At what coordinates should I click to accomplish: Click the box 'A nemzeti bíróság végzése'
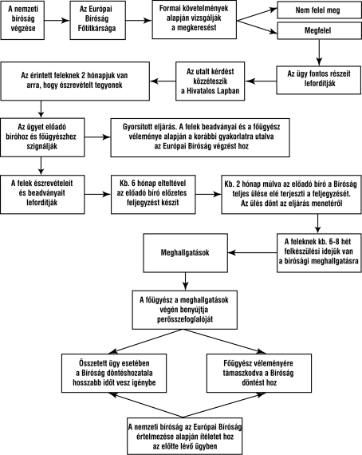(x=22, y=20)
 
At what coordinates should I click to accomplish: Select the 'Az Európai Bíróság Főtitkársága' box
(x=97, y=20)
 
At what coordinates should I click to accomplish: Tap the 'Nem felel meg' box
(x=320, y=10)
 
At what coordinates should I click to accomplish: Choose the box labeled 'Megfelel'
(x=320, y=30)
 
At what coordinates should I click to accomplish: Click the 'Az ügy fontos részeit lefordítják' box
(x=319, y=80)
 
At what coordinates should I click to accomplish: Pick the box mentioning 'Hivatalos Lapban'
(x=211, y=81)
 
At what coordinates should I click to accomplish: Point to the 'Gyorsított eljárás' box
(x=200, y=137)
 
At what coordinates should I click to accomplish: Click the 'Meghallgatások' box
(x=186, y=253)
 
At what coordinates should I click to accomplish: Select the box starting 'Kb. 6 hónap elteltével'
(x=153, y=195)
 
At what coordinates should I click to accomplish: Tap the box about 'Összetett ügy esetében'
(x=114, y=373)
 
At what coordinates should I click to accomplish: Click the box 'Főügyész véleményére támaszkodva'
(x=259, y=373)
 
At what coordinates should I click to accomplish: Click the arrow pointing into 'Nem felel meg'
(x=257, y=15)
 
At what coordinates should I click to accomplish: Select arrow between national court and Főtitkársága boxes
(x=57, y=20)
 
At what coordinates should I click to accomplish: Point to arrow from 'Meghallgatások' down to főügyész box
(x=186, y=282)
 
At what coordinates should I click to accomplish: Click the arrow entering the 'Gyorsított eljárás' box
(x=97, y=137)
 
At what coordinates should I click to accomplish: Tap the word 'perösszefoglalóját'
(x=185, y=319)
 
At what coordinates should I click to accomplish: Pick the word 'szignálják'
(x=42, y=146)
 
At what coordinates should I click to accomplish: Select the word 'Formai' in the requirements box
(x=169, y=9)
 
